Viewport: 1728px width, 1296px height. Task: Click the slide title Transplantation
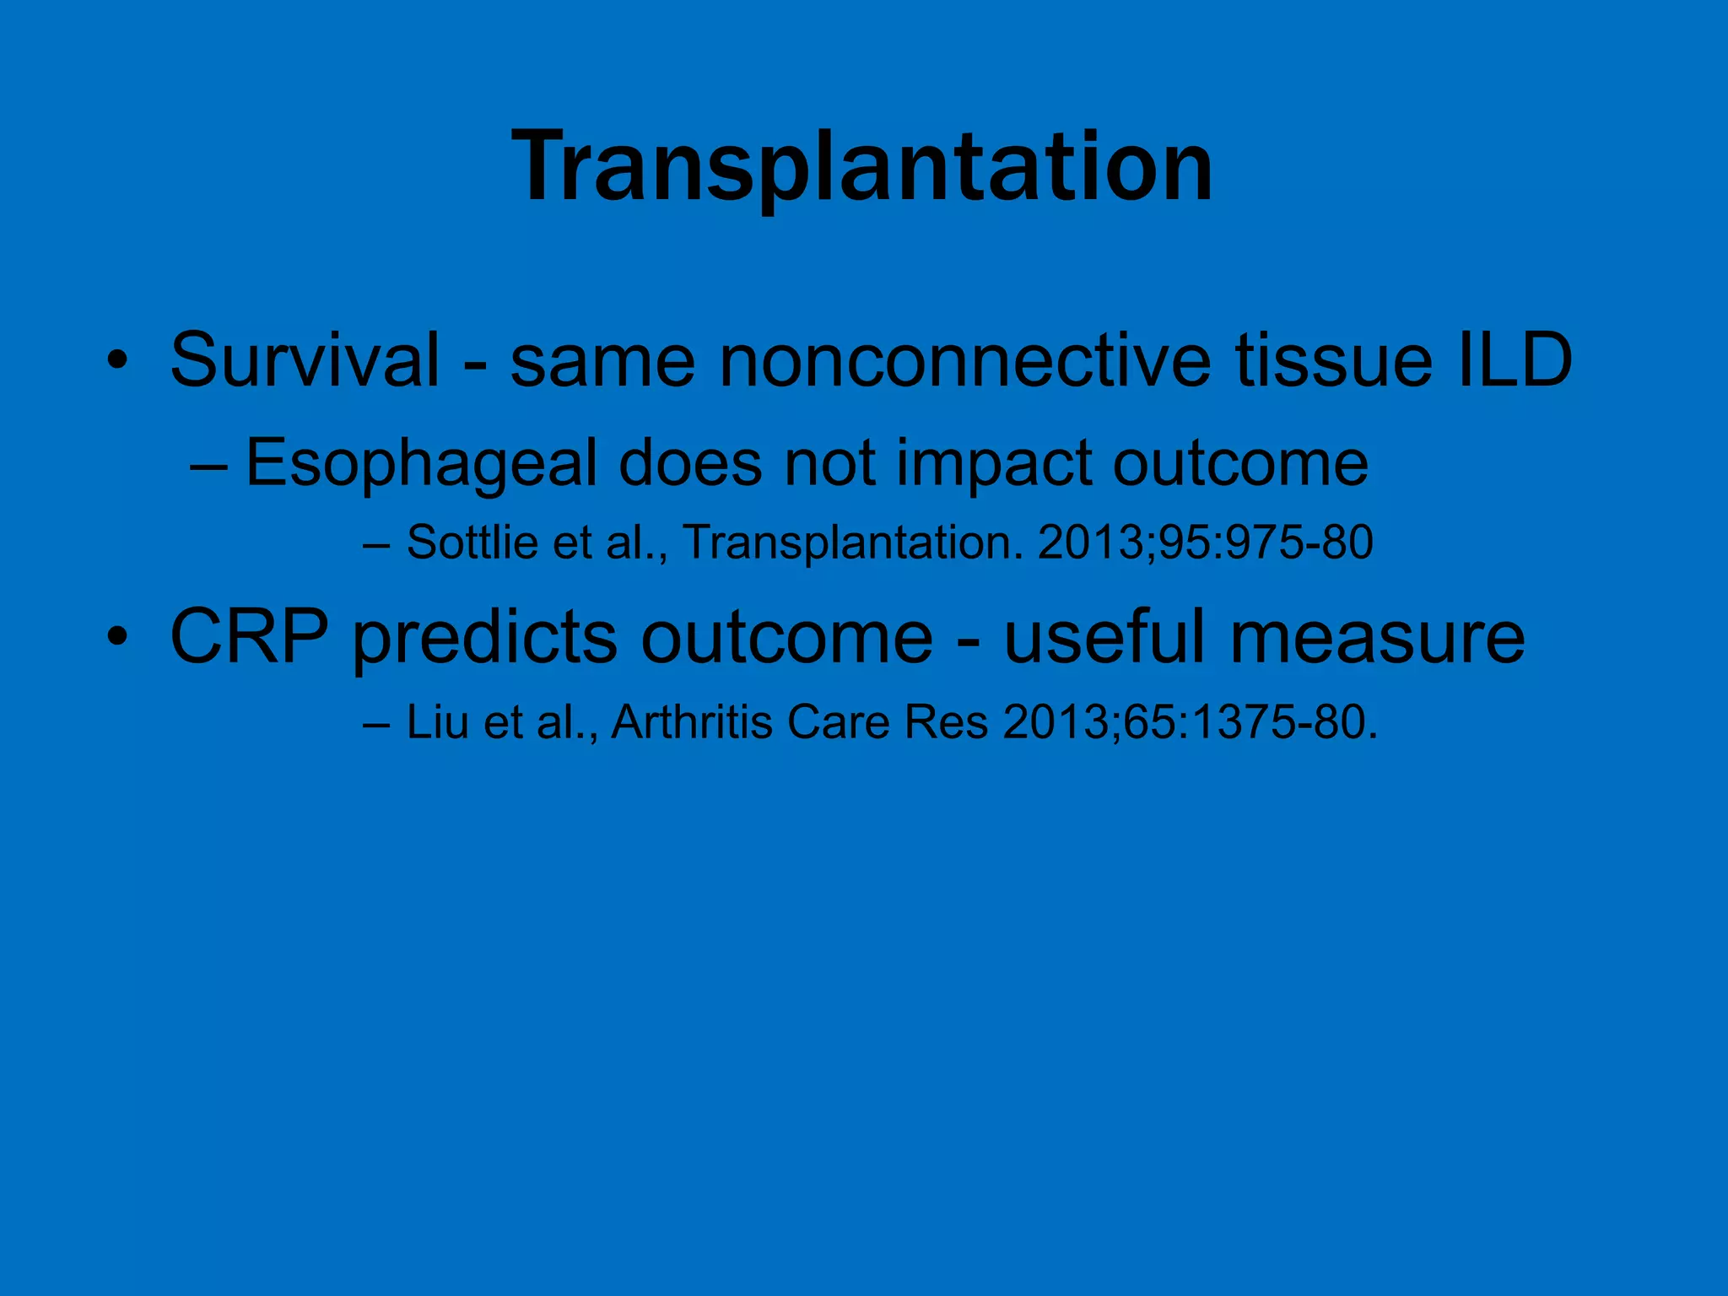pos(862,166)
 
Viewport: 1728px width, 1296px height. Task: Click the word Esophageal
pos(421,464)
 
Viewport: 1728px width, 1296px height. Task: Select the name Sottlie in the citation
pos(471,542)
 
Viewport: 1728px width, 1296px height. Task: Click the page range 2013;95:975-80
pos(1205,542)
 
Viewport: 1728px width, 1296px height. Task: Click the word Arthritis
pos(692,722)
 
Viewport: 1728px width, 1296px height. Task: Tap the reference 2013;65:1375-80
pos(1190,722)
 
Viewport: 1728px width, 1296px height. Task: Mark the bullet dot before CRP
pos(117,639)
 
